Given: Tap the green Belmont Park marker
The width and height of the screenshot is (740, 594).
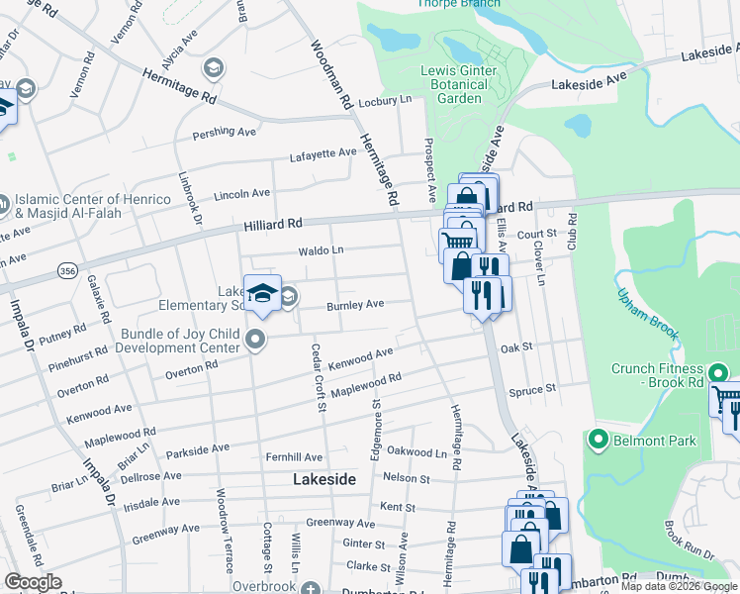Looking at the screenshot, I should pos(598,439).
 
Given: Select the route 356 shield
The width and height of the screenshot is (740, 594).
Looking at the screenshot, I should pos(67,269).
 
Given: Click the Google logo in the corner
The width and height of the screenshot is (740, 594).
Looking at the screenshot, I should pos(33,582).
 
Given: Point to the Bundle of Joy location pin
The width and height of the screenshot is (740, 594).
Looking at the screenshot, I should pos(256,341).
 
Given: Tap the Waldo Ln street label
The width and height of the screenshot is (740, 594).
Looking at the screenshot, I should pos(324,250).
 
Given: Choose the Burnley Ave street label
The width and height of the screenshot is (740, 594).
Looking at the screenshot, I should pos(355,305).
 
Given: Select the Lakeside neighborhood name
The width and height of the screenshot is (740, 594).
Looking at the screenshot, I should pos(324,479).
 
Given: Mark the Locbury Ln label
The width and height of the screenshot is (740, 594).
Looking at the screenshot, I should pos(385,101).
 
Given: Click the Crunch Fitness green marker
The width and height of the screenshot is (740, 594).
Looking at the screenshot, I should pos(719,372).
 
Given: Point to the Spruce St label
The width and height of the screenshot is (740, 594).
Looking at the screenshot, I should pos(533,391).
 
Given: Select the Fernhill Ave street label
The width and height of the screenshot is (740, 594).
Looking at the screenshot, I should pos(294,457).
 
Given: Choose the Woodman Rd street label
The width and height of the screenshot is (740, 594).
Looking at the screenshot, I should pos(330,74).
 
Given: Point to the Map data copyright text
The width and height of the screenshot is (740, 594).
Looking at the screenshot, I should pos(678,586).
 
